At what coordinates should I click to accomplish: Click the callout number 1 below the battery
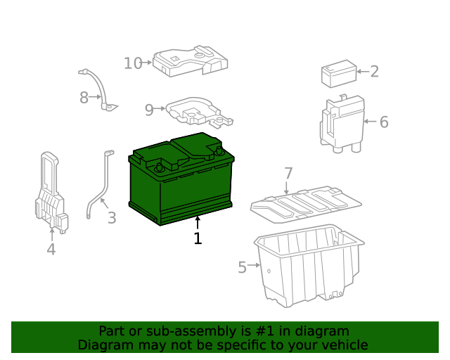tap(198, 239)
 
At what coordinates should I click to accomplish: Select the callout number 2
tap(374, 71)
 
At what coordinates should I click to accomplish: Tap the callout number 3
tap(112, 218)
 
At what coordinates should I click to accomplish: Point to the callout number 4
tap(51, 250)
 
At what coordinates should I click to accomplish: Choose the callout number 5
tap(242, 267)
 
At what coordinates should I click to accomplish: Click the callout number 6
tap(384, 122)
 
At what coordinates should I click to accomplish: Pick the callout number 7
tap(288, 173)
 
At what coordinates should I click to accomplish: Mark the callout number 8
tap(84, 98)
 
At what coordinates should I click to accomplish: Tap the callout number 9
tap(149, 110)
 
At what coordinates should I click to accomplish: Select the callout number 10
tap(133, 63)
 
